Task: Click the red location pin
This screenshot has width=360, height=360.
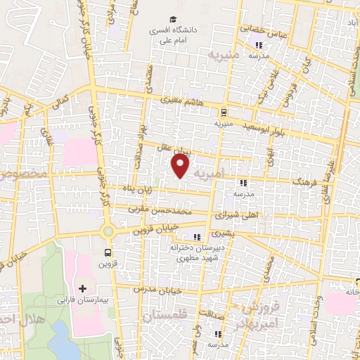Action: click(x=181, y=166)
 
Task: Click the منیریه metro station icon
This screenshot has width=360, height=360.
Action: click(x=223, y=111)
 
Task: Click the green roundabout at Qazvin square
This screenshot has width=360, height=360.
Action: click(x=108, y=231)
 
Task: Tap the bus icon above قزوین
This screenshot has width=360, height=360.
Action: click(x=108, y=253)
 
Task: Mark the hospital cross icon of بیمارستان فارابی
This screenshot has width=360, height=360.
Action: click(x=83, y=289)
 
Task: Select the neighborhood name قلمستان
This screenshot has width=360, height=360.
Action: click(x=167, y=317)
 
